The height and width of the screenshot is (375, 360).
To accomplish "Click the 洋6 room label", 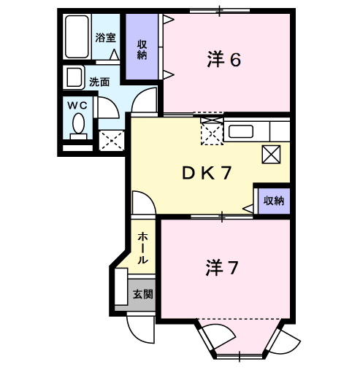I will coord(223,61).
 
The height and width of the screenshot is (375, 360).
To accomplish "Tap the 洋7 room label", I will coord(222,268).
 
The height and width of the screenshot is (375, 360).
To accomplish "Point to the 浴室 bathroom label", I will coord(105,36).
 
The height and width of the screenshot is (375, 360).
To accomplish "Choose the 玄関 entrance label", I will coord(142,295).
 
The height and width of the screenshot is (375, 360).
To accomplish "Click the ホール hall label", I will coord(143,249).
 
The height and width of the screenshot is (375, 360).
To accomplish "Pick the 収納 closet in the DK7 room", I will coord(273,200).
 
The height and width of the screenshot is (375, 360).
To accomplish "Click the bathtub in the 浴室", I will coord(76,37).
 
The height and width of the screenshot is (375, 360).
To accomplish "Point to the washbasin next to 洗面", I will coord(74,77).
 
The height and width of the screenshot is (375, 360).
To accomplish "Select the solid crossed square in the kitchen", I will coord(271,153).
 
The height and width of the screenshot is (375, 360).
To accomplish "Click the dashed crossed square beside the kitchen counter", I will coord(212,133).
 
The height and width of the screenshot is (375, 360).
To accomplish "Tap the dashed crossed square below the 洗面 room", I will coord(112,139).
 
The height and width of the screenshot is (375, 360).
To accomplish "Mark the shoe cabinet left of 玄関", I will coord(120,287).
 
